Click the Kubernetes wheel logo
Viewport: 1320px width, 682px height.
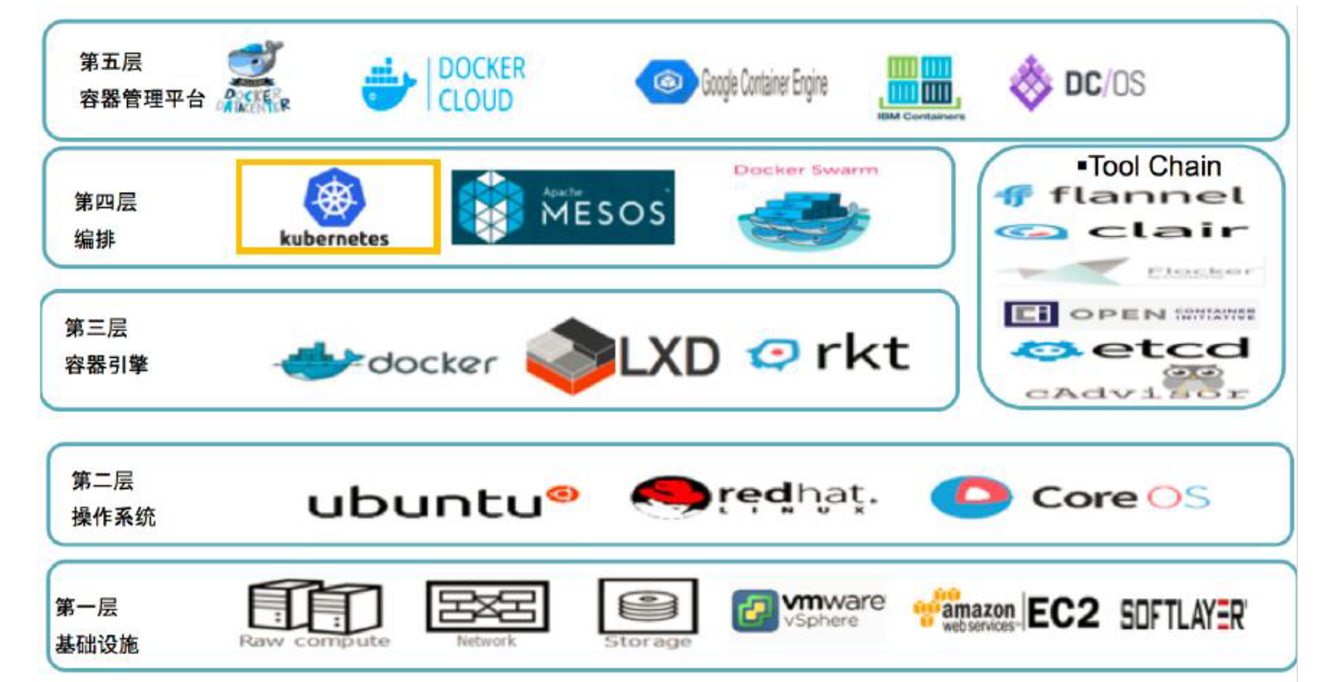tap(334, 197)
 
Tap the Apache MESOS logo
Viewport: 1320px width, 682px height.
tap(563, 207)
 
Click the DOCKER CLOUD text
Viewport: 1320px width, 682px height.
tap(481, 84)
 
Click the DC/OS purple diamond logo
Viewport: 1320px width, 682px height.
tap(1030, 83)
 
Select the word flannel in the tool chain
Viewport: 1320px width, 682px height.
tap(1147, 196)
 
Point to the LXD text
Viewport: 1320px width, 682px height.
tap(668, 357)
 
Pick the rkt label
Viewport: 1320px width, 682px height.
tap(862, 353)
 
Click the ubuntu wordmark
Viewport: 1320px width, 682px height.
tap(423, 502)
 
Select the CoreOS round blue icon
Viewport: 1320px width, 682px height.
tap(971, 497)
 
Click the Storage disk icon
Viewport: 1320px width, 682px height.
tap(647, 607)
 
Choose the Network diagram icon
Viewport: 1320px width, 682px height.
tap(487, 607)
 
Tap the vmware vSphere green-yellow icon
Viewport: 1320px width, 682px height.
tap(753, 611)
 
